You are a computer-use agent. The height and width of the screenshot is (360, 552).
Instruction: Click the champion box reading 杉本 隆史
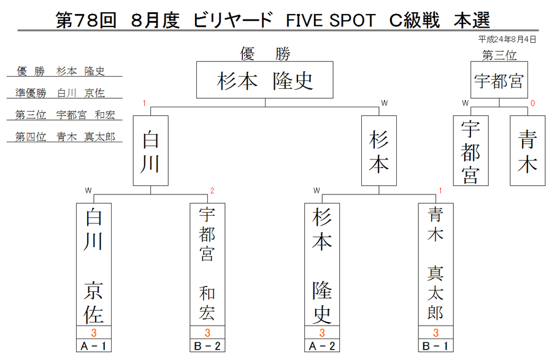pyautogui.click(x=265, y=80)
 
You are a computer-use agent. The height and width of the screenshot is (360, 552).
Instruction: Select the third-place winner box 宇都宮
pyautogui.click(x=499, y=80)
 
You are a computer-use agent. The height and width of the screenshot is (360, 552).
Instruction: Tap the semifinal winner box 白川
pyautogui.click(x=151, y=151)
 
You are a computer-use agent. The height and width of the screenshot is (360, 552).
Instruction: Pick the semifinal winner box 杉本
pyautogui.click(x=379, y=151)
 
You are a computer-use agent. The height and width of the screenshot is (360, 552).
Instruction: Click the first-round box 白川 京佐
pyautogui.click(x=94, y=264)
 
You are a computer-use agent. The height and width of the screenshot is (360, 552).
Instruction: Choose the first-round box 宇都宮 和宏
pyautogui.click(x=207, y=264)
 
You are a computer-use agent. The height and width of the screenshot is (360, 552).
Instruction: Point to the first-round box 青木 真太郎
pyautogui.click(x=436, y=264)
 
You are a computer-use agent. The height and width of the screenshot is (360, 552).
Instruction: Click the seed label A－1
pyautogui.click(x=94, y=345)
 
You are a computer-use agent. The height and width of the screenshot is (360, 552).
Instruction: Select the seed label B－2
pyautogui.click(x=207, y=345)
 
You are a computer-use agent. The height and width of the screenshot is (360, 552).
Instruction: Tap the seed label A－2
pyautogui.click(x=322, y=345)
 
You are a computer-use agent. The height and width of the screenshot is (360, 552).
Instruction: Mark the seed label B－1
pyautogui.click(x=436, y=345)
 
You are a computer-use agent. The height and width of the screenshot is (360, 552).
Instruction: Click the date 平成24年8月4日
pyautogui.click(x=507, y=39)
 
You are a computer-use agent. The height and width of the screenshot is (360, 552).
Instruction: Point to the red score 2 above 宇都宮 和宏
pyautogui.click(x=212, y=191)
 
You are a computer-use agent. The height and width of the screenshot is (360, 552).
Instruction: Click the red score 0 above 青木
pyautogui.click(x=532, y=103)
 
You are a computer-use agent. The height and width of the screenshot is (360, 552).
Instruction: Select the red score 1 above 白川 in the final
pyautogui.click(x=144, y=103)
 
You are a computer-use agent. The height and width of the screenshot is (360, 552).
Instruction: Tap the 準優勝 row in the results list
pyautogui.click(x=60, y=93)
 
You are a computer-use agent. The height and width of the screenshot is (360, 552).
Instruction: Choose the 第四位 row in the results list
pyautogui.click(x=65, y=137)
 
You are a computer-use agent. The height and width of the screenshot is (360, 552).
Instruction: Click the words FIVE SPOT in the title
pyautogui.click(x=331, y=20)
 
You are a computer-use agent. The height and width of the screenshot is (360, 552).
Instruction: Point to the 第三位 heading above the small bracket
pyautogui.click(x=499, y=55)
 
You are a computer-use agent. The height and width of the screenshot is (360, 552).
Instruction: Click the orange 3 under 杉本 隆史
pyautogui.click(x=322, y=332)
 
